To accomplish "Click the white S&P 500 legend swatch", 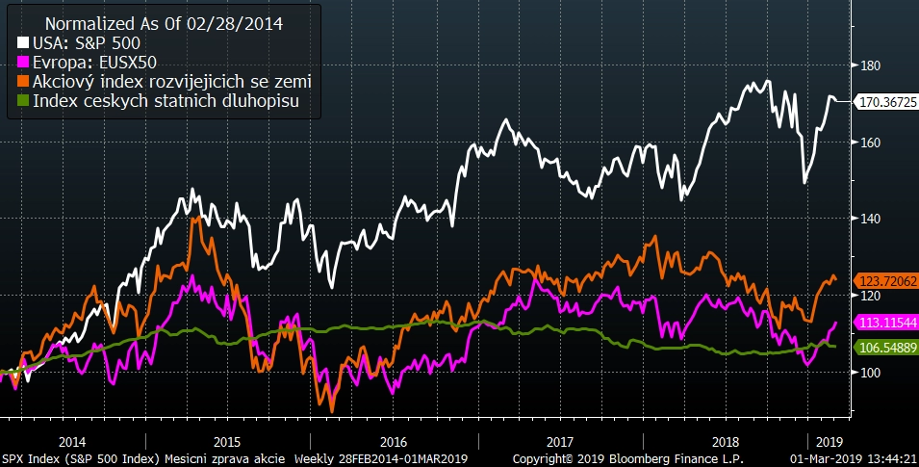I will (x=23, y=44).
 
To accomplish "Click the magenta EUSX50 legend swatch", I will (x=23, y=63).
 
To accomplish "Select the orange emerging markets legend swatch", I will (x=23, y=81).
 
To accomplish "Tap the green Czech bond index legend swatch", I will (x=23, y=99).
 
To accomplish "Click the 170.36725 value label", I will (x=885, y=100).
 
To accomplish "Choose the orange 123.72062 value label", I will (x=885, y=278).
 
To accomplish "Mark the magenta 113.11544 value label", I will (x=885, y=323).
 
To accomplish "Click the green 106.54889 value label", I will (x=885, y=347).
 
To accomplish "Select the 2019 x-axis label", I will (x=829, y=440).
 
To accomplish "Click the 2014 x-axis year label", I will (x=72, y=440).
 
